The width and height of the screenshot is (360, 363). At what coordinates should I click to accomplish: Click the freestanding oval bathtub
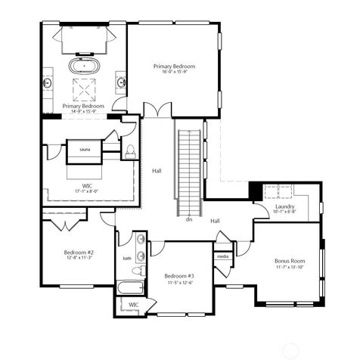coord(84,66)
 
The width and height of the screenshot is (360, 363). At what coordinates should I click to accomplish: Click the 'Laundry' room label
coord(284,206)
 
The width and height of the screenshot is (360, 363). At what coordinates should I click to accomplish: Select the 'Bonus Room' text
coord(290,261)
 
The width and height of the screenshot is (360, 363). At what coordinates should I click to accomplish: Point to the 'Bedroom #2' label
coord(79,252)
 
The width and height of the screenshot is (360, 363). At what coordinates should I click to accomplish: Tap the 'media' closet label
coord(222,256)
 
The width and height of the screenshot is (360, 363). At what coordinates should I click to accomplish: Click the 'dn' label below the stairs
coord(188,220)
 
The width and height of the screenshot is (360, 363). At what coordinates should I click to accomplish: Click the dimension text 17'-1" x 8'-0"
coord(88,191)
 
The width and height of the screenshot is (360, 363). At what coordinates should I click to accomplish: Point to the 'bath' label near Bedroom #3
coord(127,259)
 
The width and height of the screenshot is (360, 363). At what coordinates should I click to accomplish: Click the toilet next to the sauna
coord(129,150)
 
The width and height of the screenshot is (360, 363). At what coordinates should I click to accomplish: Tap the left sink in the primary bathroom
coord(48,82)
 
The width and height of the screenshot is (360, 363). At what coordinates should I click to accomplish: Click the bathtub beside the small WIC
coord(132,288)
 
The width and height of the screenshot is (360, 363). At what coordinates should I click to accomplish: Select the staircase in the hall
coord(189,171)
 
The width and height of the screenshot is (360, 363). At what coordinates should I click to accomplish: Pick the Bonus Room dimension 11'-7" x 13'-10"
coord(290,268)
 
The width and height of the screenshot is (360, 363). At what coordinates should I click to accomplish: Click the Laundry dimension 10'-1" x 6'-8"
coord(284,213)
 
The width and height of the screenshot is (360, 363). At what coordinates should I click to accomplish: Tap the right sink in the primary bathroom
coord(121,81)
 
